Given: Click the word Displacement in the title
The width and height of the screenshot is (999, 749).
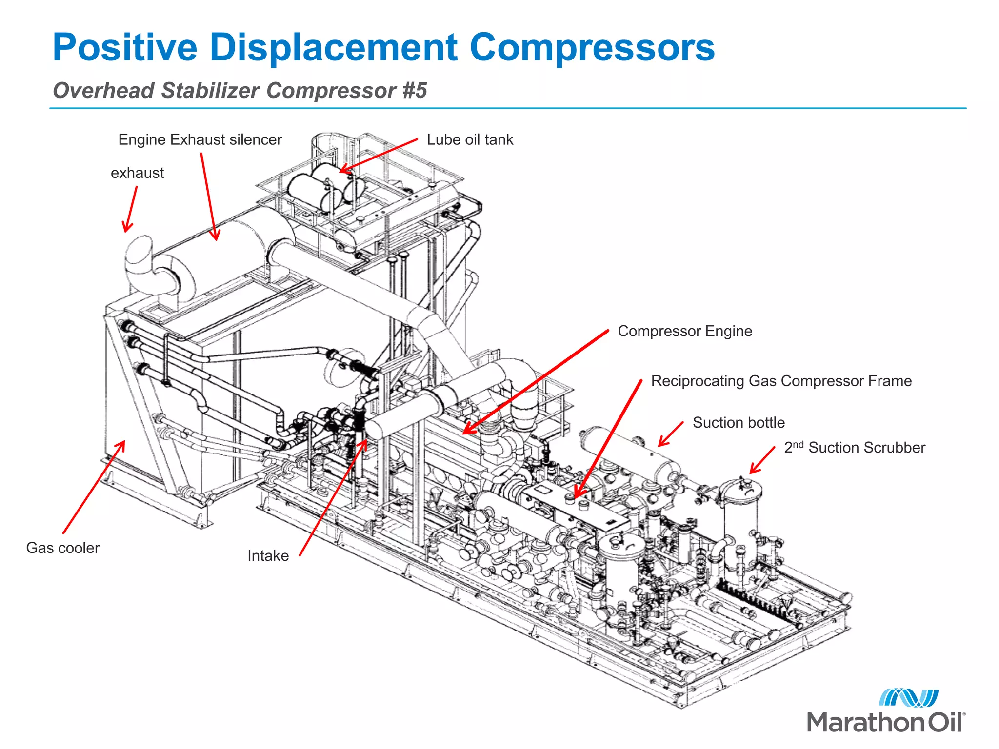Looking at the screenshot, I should click(333, 47).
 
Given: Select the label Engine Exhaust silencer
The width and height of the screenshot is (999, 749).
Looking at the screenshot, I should click(200, 140).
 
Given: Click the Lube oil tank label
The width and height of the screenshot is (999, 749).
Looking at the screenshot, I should click(470, 140).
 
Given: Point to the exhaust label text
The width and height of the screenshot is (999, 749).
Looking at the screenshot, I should click(137, 173).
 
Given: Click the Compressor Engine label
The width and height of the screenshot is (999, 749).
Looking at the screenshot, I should click(685, 331).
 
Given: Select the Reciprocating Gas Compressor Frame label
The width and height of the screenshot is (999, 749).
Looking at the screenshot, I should click(781, 381).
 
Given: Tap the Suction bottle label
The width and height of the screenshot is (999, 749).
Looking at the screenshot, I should click(739, 423).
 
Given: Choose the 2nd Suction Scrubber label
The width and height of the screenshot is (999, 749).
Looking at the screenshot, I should click(855, 448).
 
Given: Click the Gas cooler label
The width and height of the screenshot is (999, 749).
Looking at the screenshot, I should click(63, 548).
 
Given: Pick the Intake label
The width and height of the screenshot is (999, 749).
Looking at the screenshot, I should click(268, 556).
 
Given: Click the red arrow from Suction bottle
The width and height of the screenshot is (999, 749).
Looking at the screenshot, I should click(670, 434).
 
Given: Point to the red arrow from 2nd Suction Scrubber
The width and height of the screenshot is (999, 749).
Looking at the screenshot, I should click(762, 460).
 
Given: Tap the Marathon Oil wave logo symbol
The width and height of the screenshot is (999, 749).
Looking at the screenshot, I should click(908, 698).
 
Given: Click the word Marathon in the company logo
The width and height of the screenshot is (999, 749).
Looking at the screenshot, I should click(864, 722).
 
